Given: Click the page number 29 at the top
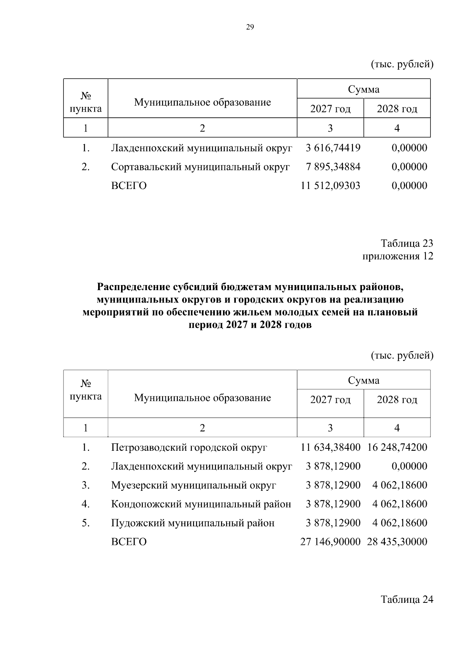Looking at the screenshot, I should tap(250, 27).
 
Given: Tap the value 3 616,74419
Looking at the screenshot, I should tap(333, 148).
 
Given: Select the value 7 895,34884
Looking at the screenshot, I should tap(333, 167).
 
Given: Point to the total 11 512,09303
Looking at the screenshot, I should tap(330, 186).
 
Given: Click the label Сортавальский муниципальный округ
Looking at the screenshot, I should tap(200, 167).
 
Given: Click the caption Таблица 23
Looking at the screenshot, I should tap(407, 243).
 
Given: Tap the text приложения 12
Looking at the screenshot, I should tap(398, 256).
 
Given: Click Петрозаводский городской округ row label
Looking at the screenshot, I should tap(189, 447).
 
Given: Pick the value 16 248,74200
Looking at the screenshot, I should tap(397, 447).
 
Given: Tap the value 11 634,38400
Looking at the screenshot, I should tap(330, 447).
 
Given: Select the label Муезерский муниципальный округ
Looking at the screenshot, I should tap(193, 485).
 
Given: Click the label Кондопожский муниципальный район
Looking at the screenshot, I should tap(201, 504).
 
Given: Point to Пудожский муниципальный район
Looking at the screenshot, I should tap(193, 523).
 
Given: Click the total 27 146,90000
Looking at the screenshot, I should tap(330, 542).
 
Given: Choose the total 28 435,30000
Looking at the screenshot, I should tap(397, 542).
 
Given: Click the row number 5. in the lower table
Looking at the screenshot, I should tap(86, 523).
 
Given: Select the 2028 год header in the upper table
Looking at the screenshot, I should tap(397, 109).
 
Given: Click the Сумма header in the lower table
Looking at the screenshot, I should tap(363, 380).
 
